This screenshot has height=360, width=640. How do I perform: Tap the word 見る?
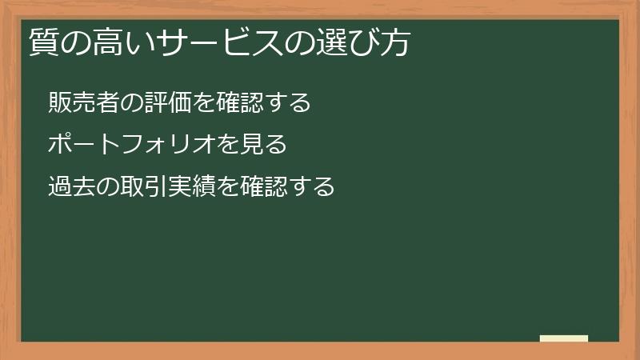pyautogui.click(x=264, y=145)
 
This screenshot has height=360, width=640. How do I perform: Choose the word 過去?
pyautogui.click(x=70, y=187)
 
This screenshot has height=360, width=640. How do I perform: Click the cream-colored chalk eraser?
pyautogui.click(x=563, y=338)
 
